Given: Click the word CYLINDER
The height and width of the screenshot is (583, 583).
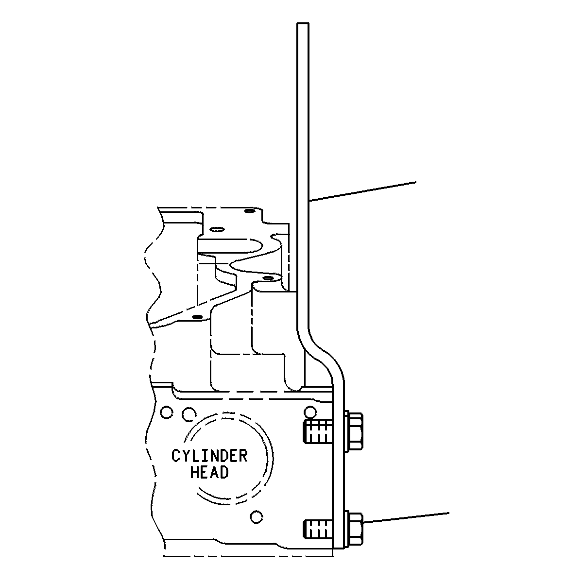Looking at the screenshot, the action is point(209,456).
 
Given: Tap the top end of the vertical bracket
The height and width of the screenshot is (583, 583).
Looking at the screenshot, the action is point(303,23).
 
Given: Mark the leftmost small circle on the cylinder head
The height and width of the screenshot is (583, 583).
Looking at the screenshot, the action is point(167,412).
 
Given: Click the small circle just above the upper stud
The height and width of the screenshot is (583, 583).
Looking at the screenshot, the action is point(310,412).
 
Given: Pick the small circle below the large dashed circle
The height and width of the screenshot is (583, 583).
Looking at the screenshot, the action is point(257,516).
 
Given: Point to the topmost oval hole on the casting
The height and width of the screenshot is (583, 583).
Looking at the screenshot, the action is point(250,211).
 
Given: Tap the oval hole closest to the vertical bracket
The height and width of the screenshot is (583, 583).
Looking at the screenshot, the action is point(268,277).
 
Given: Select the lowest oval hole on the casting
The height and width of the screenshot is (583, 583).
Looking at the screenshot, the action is point(198,317).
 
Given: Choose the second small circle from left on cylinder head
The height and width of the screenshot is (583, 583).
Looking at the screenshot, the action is point(189,414).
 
